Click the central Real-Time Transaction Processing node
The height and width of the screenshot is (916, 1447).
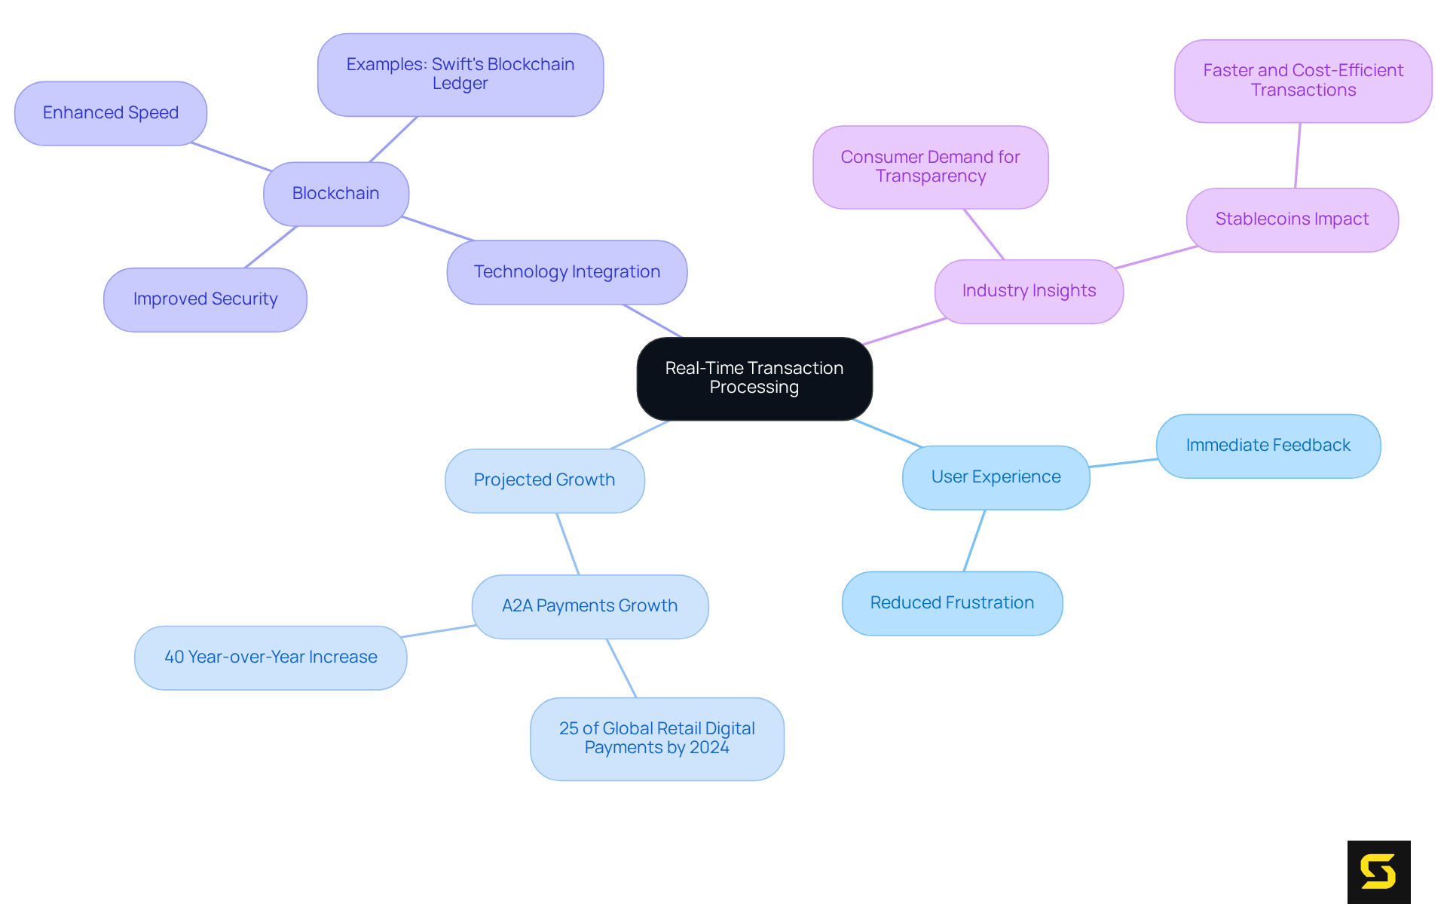(754, 378)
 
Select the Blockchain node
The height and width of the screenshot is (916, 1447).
(336, 194)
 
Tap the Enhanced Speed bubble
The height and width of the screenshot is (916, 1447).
(111, 113)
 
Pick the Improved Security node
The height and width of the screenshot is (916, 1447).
(205, 299)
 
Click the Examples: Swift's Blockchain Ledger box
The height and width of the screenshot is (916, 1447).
(460, 75)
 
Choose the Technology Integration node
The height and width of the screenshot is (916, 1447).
(567, 272)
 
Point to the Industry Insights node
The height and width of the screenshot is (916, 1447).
(1029, 291)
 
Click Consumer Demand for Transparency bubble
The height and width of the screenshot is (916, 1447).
(930, 167)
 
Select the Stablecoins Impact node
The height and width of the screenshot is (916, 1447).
(1292, 219)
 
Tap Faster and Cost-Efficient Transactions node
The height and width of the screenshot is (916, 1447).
(1303, 81)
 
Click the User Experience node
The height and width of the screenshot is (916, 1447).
(996, 477)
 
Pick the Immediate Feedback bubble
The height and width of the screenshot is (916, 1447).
(1268, 446)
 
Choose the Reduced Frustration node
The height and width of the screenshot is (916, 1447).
(952, 603)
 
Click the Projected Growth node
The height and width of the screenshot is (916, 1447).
(544, 480)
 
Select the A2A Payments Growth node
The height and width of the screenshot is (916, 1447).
(589, 606)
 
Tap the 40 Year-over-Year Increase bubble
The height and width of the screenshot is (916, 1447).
(271, 657)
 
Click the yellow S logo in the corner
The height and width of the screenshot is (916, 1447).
(1378, 872)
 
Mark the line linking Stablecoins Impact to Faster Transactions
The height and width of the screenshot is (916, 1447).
(1298, 155)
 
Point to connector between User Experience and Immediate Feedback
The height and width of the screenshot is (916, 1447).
(1123, 463)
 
